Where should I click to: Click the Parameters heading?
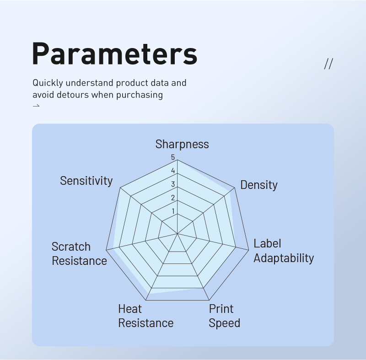tap(115, 54)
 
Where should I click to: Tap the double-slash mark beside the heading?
tap(328, 64)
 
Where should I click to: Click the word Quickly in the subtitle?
tap(48, 83)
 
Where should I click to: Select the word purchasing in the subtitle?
tap(140, 95)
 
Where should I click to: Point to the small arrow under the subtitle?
tap(36, 106)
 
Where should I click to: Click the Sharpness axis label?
tap(182, 144)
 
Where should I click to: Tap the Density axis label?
tap(259, 185)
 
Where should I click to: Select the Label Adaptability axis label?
tap(284, 251)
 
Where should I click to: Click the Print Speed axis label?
tap(224, 316)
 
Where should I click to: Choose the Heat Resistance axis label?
tap(145, 316)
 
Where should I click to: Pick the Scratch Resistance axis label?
tap(79, 253)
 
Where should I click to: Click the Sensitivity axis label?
tap(86, 181)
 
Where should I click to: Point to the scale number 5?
tap(173, 157)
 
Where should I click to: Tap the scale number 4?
tap(173, 171)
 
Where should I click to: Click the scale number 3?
tap(173, 184)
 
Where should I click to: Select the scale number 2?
tap(173, 198)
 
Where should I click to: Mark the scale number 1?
tap(173, 211)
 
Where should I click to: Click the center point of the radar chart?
tap(178, 233)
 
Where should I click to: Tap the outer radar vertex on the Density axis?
tap(235, 188)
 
